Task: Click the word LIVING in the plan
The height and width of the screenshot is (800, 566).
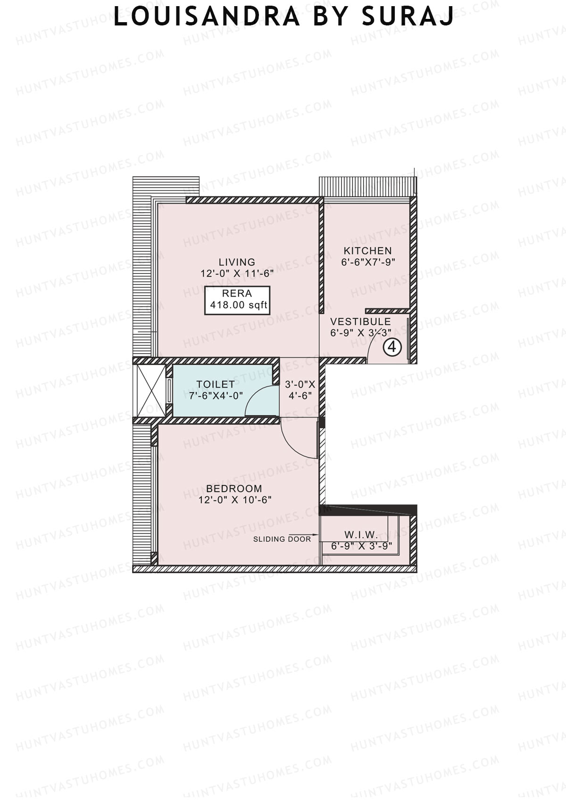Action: tap(237, 262)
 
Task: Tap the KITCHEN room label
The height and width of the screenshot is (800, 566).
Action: tap(367, 251)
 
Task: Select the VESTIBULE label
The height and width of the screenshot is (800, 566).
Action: tap(360, 322)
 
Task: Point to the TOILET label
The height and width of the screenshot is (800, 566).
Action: tap(216, 384)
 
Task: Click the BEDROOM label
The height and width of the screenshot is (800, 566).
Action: tap(234, 488)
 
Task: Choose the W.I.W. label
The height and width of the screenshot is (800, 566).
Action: tap(361, 535)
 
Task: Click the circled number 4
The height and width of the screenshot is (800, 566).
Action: tap(392, 348)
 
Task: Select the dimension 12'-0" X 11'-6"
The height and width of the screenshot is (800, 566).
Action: tap(237, 273)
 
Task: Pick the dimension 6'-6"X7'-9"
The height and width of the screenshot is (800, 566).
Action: tap(368, 262)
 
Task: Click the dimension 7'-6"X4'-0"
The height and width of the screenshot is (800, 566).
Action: tap(216, 396)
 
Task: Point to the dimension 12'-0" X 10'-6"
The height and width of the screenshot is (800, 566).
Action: tap(235, 500)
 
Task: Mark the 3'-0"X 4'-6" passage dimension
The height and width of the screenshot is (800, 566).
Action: tap(300, 390)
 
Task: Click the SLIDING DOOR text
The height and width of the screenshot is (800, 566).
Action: tap(282, 539)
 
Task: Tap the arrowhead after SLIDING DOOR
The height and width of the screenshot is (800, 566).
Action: tap(316, 538)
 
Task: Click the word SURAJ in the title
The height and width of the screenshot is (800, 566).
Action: tap(408, 17)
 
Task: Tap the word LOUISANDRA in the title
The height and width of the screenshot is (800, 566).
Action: tap(207, 17)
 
